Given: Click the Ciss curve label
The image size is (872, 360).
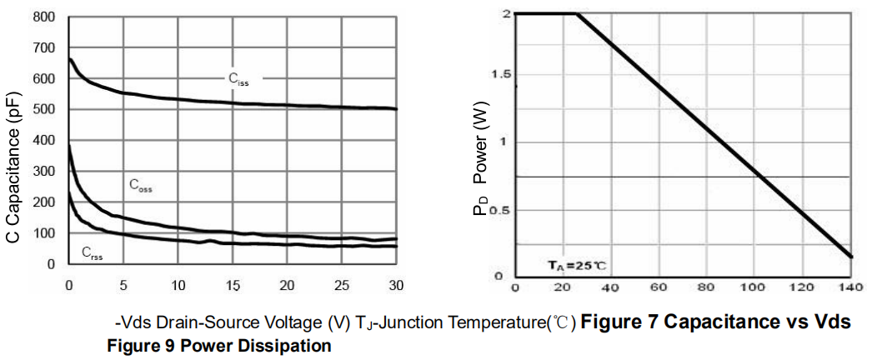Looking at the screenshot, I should [x=239, y=79].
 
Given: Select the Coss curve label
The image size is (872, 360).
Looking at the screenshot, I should [x=140, y=186].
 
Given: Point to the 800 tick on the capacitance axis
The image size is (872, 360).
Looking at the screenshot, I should [x=45, y=17].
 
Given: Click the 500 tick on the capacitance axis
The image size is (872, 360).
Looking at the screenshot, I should [x=45, y=109].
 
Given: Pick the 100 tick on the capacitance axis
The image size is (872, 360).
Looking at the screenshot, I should [x=45, y=233].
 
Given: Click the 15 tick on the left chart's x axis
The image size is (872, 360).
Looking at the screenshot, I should [x=233, y=285].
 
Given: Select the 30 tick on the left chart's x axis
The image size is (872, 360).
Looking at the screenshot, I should [x=396, y=285].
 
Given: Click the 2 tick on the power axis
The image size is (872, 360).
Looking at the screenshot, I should [x=504, y=14].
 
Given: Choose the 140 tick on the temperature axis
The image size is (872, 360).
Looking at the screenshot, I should [x=850, y=288].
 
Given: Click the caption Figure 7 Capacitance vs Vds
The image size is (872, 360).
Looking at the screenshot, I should [x=716, y=322].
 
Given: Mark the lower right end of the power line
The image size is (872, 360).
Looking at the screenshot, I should [x=851, y=257].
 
